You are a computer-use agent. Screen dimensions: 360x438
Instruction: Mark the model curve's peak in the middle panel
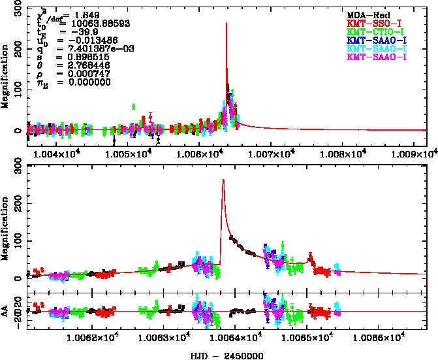(223, 180)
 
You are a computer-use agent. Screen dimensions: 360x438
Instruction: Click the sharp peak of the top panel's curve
(226, 24)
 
